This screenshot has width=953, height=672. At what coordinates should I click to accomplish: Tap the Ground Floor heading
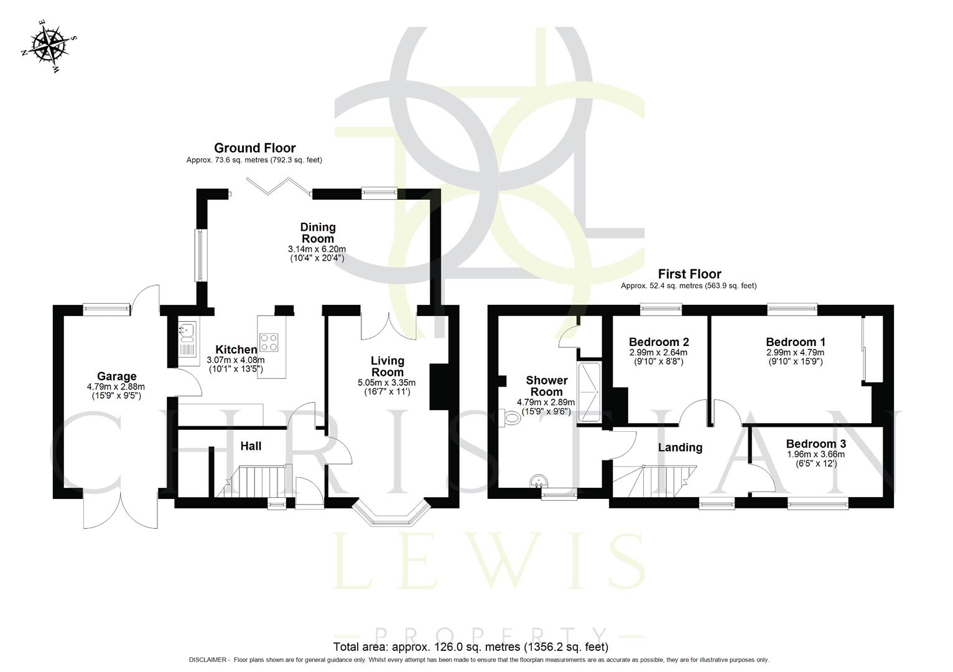coord(254,148)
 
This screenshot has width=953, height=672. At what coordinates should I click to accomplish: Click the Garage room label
coord(116,376)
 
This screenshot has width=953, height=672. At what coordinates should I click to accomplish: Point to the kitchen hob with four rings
coord(269,342)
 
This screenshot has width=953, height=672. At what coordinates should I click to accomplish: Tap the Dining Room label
coord(317,233)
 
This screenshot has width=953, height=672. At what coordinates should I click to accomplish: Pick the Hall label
coord(251,446)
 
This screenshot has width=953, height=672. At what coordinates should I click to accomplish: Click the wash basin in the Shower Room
coord(538,481)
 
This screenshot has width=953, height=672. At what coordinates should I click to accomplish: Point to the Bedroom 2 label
coord(658,342)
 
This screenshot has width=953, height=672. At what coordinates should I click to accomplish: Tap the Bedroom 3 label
coord(816,444)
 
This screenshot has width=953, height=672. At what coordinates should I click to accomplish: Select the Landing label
coord(680,447)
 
